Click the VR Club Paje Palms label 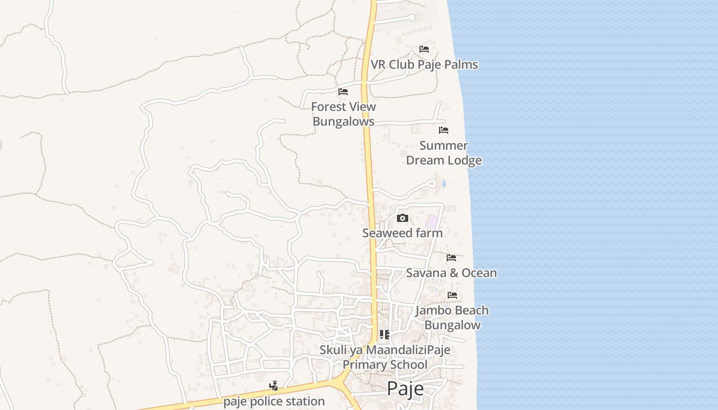(x=424, y=65)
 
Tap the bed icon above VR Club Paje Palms (x=424, y=49)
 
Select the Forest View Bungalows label (x=344, y=114)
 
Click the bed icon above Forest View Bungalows (x=343, y=92)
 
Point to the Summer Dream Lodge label (x=444, y=153)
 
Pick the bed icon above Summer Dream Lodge (x=444, y=130)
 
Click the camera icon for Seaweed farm (x=403, y=218)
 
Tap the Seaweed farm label (x=403, y=233)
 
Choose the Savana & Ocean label (x=451, y=273)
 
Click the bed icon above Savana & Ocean (x=451, y=257)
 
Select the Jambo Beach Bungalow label (x=452, y=318)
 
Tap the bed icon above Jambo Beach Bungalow (x=452, y=295)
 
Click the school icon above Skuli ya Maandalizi (x=385, y=335)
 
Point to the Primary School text (x=385, y=365)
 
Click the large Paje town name (x=405, y=388)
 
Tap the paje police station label (x=274, y=401)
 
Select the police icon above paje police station (x=274, y=386)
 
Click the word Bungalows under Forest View (x=344, y=122)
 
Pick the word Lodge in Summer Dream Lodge (x=463, y=160)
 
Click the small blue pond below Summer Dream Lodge (x=444, y=183)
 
